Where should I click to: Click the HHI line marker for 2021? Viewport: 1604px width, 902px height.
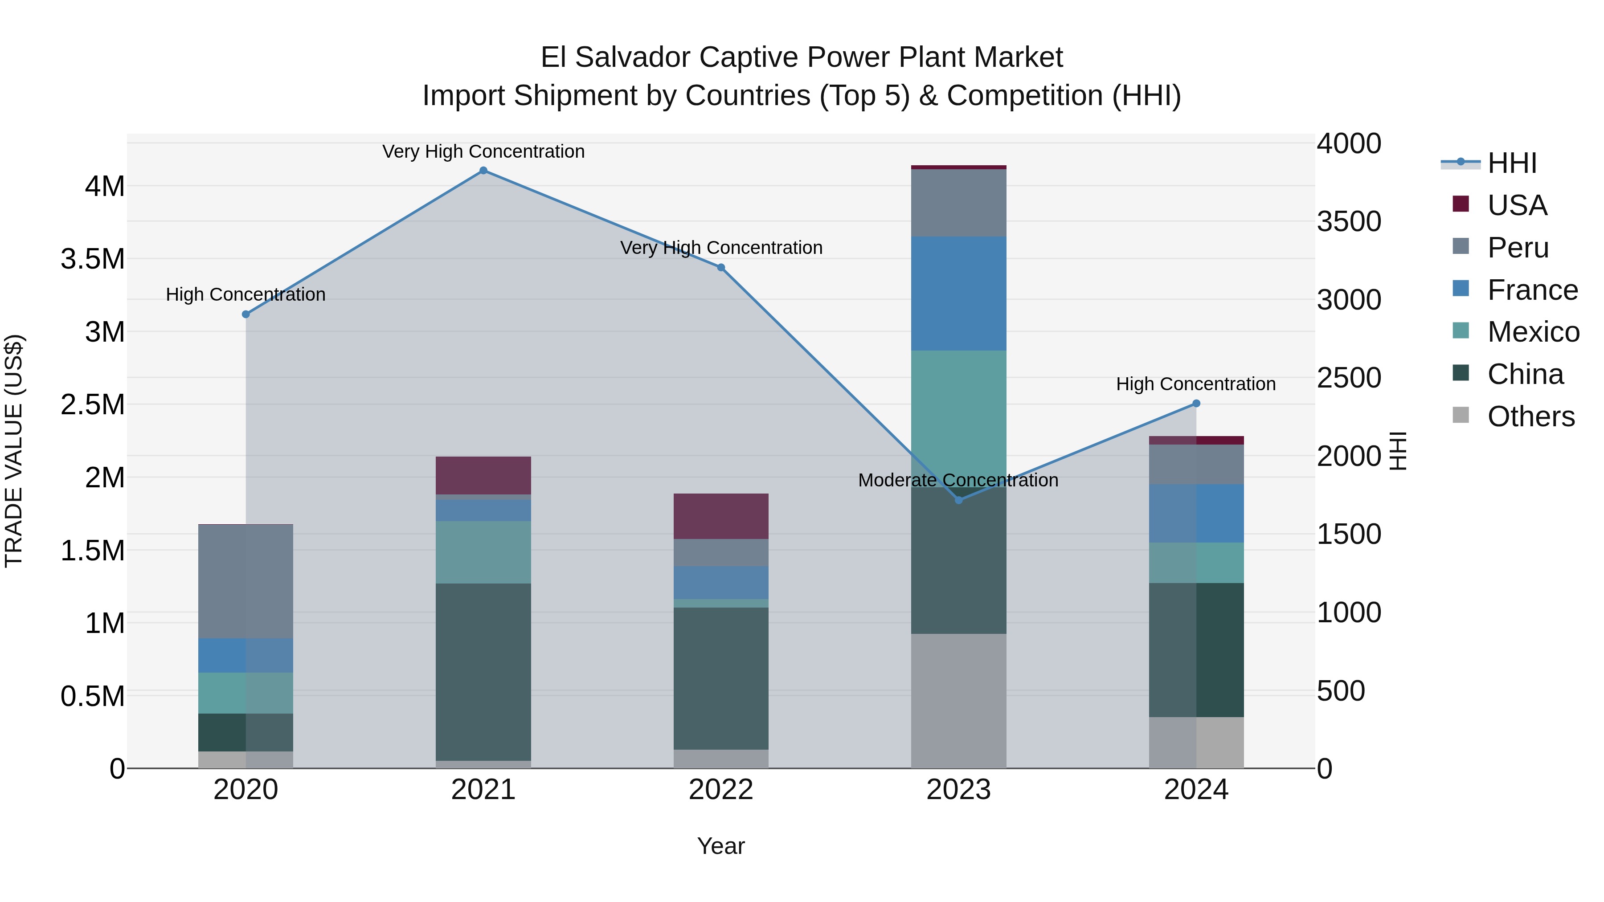pos(483,171)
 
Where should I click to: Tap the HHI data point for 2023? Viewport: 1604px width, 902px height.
pos(958,500)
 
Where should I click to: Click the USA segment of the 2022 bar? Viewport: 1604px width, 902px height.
pos(721,516)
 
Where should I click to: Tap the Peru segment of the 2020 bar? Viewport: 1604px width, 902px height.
pos(246,581)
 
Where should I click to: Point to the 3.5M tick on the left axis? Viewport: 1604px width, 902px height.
pos(93,259)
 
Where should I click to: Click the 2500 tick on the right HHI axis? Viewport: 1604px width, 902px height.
pos(1349,378)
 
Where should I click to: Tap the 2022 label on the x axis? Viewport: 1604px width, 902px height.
pos(721,790)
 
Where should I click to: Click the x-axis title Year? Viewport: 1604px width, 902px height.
pos(720,846)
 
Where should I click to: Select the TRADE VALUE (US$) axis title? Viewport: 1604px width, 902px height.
pos(14,451)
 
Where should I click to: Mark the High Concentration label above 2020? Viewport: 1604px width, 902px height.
pos(246,294)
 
